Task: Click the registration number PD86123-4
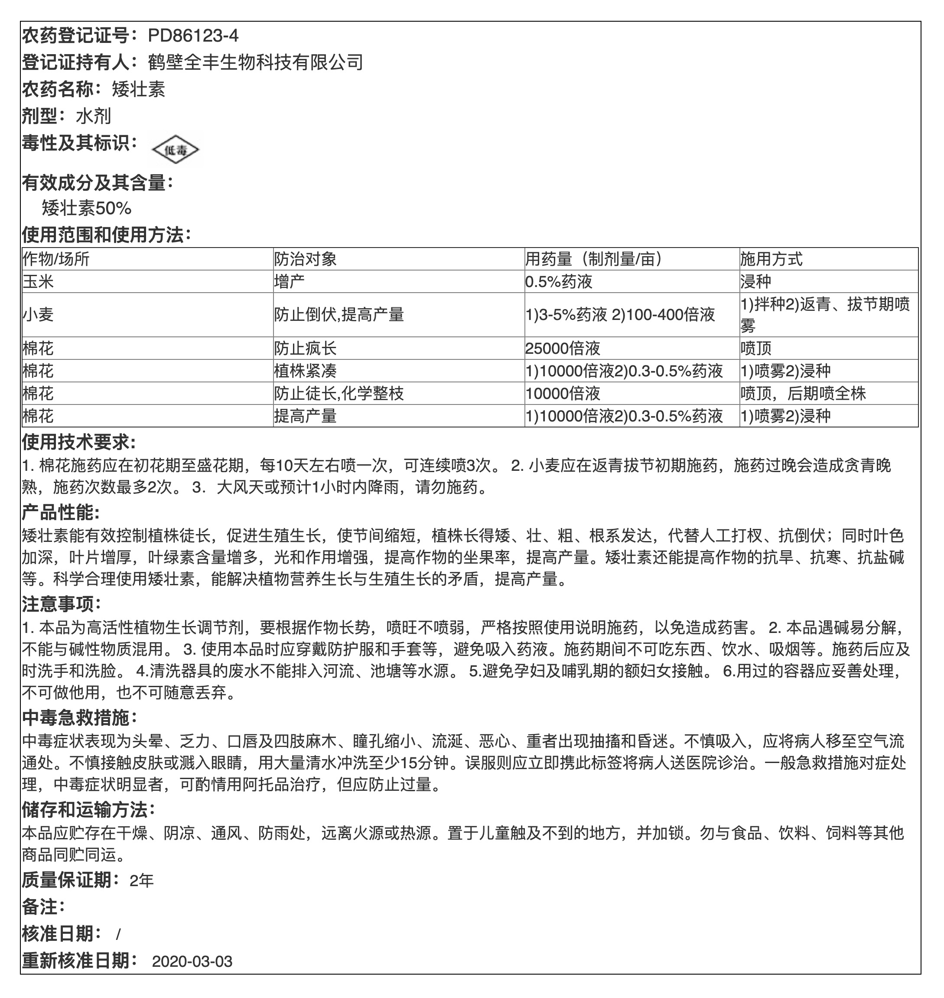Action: tap(193, 36)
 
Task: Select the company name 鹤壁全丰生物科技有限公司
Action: tap(255, 62)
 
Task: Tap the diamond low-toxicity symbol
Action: tap(176, 150)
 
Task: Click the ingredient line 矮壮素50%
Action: tap(87, 208)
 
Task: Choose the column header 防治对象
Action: tap(305, 259)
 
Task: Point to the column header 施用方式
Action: tap(771, 259)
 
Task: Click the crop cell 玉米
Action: tap(38, 281)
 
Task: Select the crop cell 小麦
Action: tap(38, 315)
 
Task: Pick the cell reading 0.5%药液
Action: tap(559, 281)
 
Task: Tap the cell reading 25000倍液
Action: tap(563, 348)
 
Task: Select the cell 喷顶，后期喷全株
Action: tap(803, 393)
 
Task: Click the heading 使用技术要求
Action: tap(78, 442)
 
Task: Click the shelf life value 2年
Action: tap(141, 880)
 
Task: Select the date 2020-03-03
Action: tap(192, 962)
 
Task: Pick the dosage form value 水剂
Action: tap(93, 116)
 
